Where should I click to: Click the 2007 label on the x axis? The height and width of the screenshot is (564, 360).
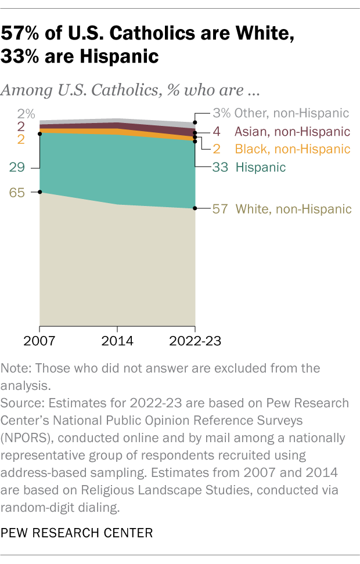pyautogui.click(x=39, y=341)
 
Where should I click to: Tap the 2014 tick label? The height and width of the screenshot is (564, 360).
pyautogui.click(x=117, y=341)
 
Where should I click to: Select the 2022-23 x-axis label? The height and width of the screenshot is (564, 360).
pyautogui.click(x=195, y=341)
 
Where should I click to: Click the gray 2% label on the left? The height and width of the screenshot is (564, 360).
pyautogui.click(x=17, y=114)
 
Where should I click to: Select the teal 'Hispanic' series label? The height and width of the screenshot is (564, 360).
pyautogui.click(x=260, y=168)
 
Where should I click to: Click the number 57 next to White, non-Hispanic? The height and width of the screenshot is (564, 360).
pyautogui.click(x=220, y=209)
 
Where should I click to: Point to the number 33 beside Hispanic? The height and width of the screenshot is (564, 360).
pyautogui.click(x=220, y=168)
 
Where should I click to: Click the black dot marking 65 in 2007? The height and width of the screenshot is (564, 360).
pyautogui.click(x=39, y=192)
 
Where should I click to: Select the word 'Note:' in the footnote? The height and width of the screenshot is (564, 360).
pyautogui.click(x=17, y=368)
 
